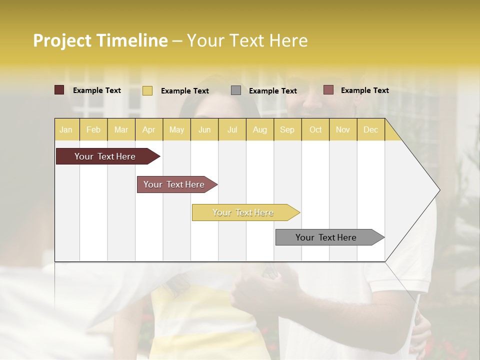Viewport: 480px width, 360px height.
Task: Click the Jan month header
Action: click(66, 129)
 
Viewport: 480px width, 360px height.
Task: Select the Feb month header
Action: click(93, 129)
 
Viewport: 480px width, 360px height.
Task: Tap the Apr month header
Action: click(148, 129)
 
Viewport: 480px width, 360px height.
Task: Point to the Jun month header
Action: click(204, 129)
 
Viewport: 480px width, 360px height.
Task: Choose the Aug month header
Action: click(259, 129)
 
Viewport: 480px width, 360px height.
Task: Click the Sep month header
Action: click(287, 129)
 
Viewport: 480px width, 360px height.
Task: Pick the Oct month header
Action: click(315, 129)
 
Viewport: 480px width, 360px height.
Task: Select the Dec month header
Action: click(370, 129)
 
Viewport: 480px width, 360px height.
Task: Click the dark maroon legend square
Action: click(59, 90)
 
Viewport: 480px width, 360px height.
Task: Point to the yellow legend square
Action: click(147, 90)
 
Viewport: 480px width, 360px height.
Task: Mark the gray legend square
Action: click(236, 90)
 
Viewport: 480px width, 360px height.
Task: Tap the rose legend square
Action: click(328, 90)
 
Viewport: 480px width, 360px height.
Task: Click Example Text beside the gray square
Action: click(272, 91)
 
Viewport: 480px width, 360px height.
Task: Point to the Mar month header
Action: click(121, 129)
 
